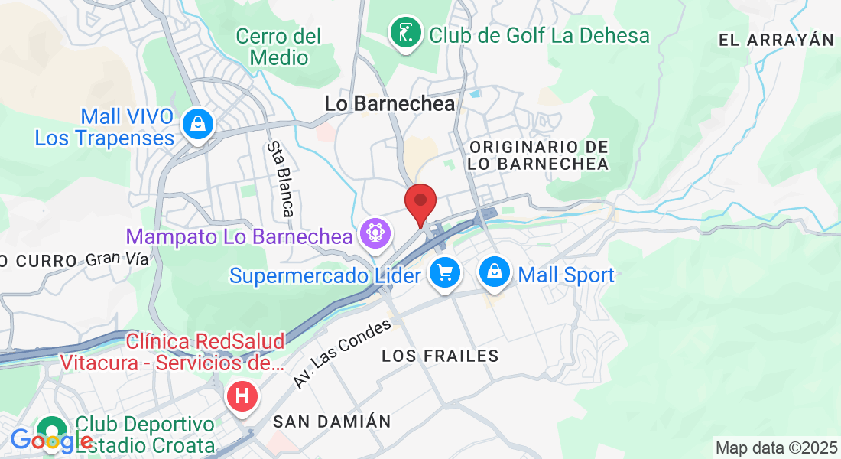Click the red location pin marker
click(420, 202)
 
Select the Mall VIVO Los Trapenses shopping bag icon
click(198, 122)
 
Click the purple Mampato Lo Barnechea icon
click(375, 231)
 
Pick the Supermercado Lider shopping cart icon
click(444, 272)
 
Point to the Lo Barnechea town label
click(390, 103)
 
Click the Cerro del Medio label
click(278, 47)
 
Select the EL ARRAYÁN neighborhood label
click(775, 40)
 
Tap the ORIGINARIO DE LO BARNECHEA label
click(539, 155)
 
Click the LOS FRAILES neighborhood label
click(440, 356)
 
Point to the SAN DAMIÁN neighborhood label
click(332, 422)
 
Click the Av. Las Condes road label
click(343, 353)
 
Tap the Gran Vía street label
click(117, 259)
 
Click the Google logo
click(51, 441)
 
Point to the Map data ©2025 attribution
click(776, 448)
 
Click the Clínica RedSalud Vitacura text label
click(206, 352)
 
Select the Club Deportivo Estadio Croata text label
click(145, 434)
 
